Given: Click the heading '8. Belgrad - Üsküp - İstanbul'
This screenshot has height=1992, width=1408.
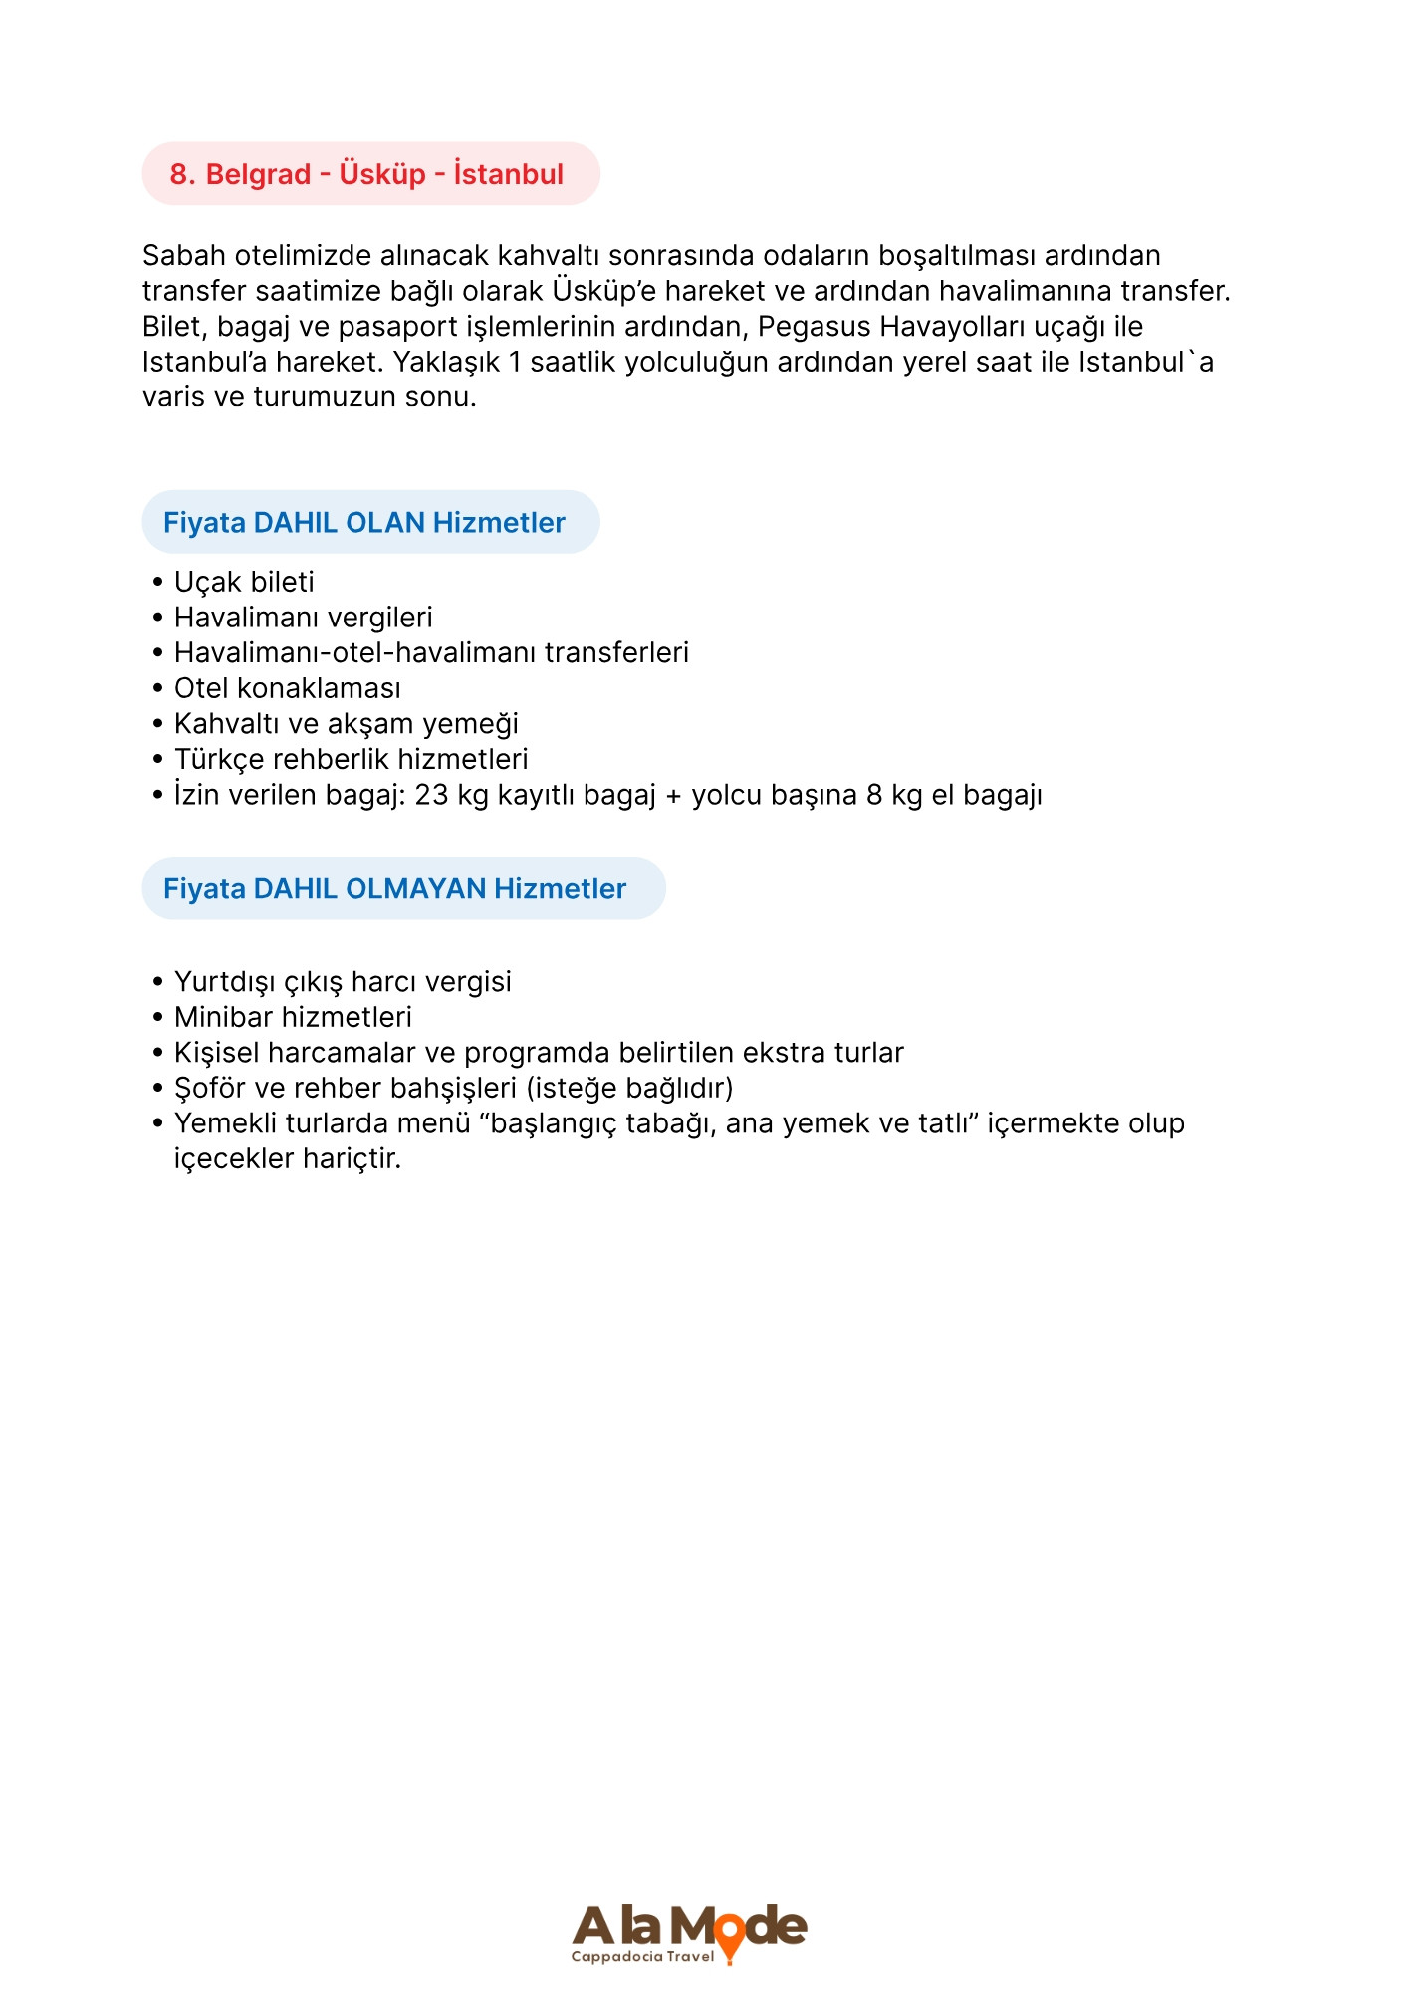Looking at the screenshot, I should (x=366, y=174).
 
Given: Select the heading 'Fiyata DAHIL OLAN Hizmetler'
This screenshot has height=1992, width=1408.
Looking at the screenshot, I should (x=364, y=523).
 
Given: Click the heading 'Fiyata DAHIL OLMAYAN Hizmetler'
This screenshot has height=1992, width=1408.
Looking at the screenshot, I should (x=394, y=889).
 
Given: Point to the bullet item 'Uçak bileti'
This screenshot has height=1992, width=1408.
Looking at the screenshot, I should (x=244, y=582).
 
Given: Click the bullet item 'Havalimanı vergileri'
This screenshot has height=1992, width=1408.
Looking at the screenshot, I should (x=303, y=618).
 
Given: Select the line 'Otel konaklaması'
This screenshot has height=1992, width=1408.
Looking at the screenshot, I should (x=287, y=688).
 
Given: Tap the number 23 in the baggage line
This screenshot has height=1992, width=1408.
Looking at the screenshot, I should (x=431, y=795).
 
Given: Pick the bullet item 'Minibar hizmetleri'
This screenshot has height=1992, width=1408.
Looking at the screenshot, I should (x=293, y=1017).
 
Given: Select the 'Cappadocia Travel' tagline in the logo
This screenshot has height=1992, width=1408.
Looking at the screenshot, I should (x=642, y=1957).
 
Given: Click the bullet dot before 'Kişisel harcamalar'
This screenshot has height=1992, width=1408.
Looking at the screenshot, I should (x=157, y=1053).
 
